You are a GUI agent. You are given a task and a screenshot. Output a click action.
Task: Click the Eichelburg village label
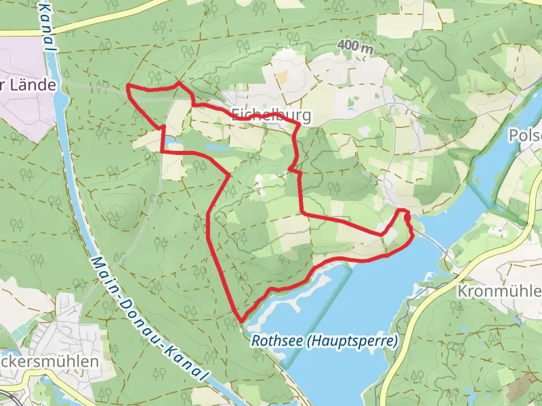click(x=271, y=115)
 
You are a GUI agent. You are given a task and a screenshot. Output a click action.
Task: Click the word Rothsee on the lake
click(x=276, y=341)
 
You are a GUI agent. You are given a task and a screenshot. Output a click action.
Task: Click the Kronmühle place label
click(x=499, y=292)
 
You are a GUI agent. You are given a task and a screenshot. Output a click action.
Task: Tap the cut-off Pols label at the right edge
click(x=525, y=135)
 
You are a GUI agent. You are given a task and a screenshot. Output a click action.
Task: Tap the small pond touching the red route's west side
click(x=170, y=141)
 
